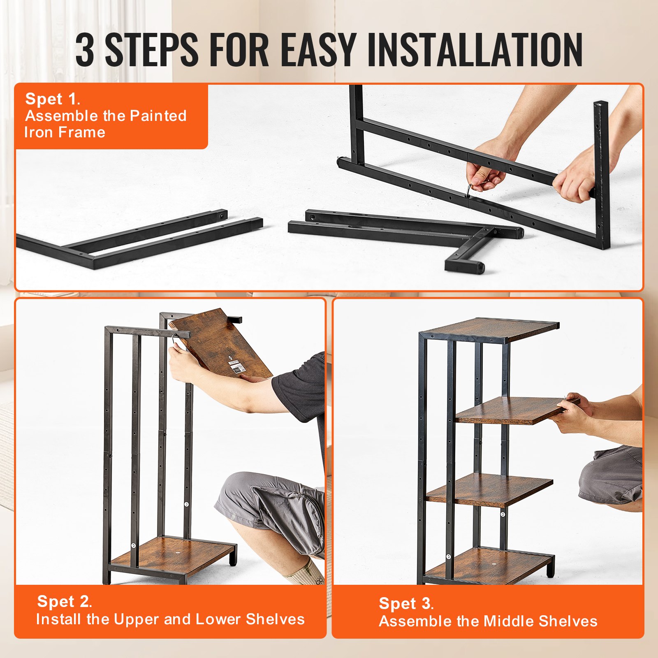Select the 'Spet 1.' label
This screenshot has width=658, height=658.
click(x=52, y=99)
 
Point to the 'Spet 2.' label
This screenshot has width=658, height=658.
click(x=64, y=602)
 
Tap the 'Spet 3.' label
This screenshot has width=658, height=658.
click(x=406, y=604)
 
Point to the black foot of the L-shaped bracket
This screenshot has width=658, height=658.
click(x=477, y=268)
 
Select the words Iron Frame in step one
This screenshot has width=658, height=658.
click(x=65, y=132)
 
